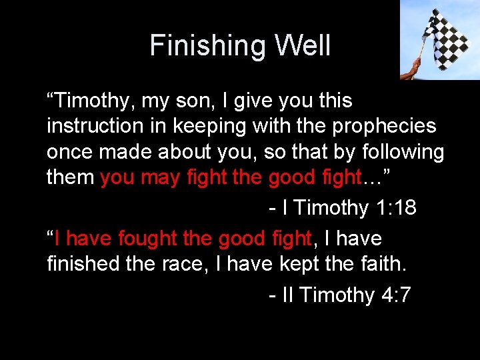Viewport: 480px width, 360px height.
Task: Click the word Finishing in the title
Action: [199, 46]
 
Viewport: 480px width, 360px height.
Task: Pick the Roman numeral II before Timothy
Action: [288, 295]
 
